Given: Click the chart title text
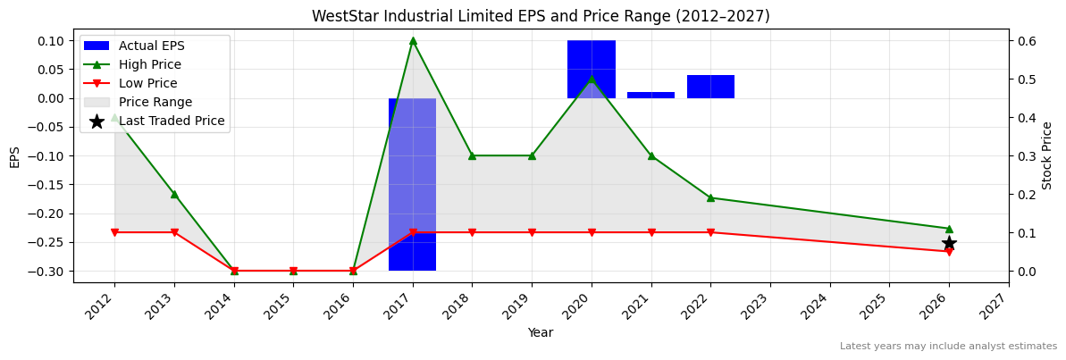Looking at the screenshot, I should point(541,16).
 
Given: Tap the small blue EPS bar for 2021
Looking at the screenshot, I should point(651,95).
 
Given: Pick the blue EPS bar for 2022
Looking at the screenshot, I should point(710,87).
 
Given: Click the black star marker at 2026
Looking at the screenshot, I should point(949,243).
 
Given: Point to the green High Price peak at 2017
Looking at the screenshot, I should point(413,40).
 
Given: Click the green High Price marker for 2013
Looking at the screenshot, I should point(174,194).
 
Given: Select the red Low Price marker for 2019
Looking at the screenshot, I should point(532,232).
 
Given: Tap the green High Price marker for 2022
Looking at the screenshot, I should point(710,197).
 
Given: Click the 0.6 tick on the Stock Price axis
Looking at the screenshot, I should point(1026,40).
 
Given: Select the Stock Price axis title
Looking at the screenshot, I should point(1047,155).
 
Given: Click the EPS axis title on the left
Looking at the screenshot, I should point(14,155).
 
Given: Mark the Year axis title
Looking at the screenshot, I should point(541,332).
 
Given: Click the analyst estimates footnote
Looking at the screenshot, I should point(948,346).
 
